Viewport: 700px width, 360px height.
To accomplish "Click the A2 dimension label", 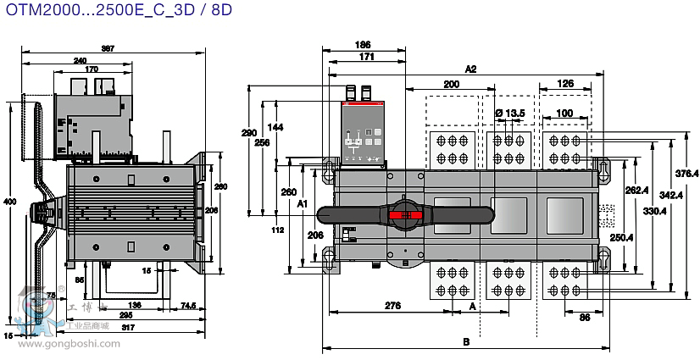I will click(x=471, y=69).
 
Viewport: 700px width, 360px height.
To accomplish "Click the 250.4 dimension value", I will click(x=622, y=237).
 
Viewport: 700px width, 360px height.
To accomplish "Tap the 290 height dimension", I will click(x=248, y=133).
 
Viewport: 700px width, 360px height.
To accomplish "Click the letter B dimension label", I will click(x=465, y=342).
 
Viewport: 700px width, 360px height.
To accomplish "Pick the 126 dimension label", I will click(x=565, y=83).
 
